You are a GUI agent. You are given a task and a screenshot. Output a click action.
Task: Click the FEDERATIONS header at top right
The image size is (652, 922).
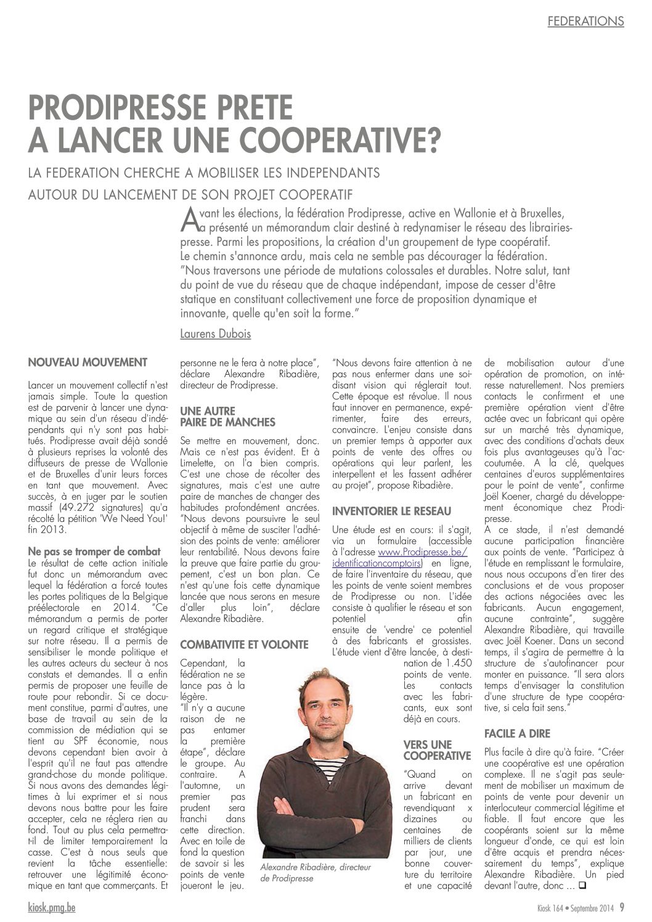point(585,21)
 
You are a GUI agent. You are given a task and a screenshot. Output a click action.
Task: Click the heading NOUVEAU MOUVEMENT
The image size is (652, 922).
point(88,361)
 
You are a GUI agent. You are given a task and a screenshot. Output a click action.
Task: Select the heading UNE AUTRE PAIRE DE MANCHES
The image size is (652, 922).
point(218,415)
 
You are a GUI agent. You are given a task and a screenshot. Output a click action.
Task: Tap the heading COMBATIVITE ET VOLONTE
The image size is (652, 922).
point(243,644)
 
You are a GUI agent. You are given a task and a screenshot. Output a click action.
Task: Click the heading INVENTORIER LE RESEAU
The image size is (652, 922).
point(391,511)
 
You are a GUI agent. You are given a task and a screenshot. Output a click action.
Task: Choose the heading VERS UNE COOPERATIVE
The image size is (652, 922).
point(437,749)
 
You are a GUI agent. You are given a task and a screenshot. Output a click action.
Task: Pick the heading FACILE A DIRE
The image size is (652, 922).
point(518,733)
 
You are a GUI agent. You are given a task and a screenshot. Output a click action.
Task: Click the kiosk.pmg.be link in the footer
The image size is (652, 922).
point(52,907)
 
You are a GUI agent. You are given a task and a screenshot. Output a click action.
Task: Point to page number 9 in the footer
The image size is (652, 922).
point(623,907)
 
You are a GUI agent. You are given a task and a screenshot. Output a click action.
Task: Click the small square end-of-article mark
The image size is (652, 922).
point(582,886)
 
